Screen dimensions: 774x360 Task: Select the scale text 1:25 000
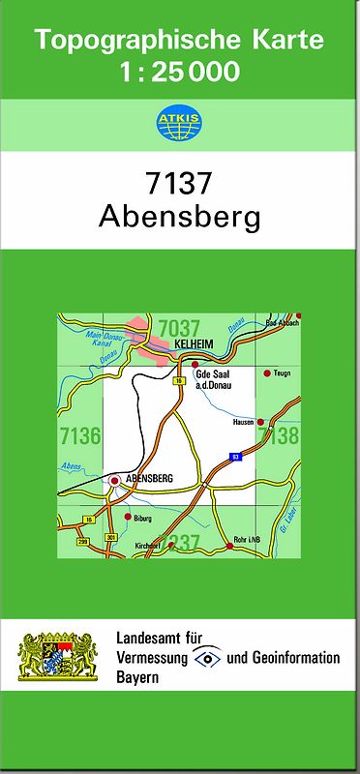180,71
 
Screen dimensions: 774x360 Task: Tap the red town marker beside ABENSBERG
115,479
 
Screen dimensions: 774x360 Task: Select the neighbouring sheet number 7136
79,435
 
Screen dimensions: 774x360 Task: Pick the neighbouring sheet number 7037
179,326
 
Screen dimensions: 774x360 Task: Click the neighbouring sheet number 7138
281,435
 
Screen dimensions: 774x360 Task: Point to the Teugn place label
282,372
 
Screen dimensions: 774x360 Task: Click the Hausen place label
243,422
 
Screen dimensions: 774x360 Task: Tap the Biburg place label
143,519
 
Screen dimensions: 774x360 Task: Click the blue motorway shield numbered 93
234,455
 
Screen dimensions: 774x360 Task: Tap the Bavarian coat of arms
59,657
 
